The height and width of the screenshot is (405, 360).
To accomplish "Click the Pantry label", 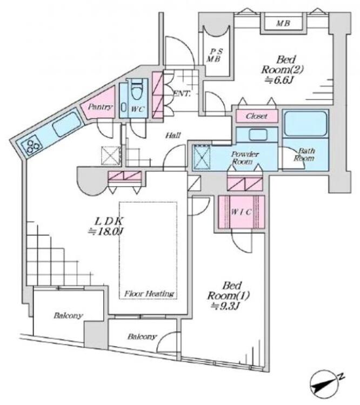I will (x=101, y=107).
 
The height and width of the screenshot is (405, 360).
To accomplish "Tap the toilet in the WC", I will (x=137, y=88).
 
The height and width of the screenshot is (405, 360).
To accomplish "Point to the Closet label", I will (x=257, y=116).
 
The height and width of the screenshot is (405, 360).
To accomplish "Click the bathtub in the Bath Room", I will (x=305, y=124).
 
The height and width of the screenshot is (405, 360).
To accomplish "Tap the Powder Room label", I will (x=245, y=158).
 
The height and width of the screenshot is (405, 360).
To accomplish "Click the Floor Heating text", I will (x=149, y=294).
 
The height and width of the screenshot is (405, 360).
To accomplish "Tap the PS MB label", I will (x=216, y=55).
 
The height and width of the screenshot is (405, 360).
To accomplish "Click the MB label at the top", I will (x=282, y=24).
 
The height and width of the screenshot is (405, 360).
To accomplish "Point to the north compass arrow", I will (x=325, y=382).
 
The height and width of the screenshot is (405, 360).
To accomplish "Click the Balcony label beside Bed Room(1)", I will (x=142, y=337).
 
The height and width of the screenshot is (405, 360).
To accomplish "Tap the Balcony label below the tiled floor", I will (x=68, y=315).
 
